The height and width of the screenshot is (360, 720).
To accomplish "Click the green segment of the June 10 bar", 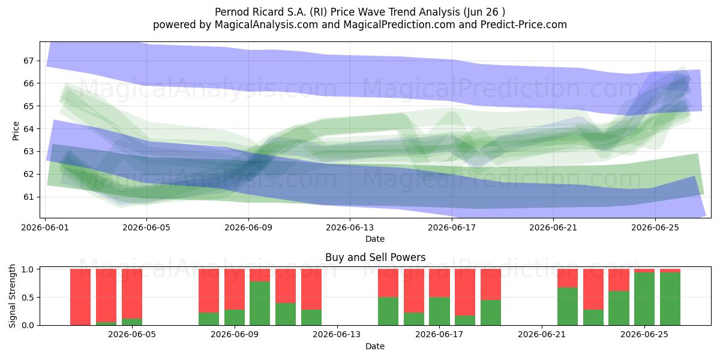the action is [x=260, y=303].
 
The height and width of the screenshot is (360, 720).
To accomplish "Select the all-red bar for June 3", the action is [x=80, y=297].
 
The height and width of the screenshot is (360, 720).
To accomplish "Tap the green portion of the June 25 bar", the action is [x=644, y=299].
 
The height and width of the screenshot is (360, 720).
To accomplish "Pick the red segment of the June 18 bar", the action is [x=465, y=292].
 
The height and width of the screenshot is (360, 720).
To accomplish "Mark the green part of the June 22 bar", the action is [x=568, y=307].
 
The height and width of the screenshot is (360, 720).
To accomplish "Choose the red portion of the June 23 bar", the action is [x=593, y=289].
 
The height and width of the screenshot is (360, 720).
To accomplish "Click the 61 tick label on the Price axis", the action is [x=28, y=197].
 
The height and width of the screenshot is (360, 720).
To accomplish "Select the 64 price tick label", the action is [x=28, y=129].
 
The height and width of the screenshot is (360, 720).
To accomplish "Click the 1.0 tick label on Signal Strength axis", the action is [x=28, y=269].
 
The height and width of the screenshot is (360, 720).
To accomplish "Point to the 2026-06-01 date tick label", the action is [x=45, y=227].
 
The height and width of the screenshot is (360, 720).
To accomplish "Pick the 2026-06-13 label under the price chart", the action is [x=350, y=227].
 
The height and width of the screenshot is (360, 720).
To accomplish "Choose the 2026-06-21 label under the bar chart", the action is [x=542, y=334].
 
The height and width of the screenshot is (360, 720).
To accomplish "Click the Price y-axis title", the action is [x=16, y=131].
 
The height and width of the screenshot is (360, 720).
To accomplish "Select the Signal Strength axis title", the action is [x=12, y=296].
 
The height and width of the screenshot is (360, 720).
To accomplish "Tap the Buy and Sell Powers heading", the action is [x=376, y=257].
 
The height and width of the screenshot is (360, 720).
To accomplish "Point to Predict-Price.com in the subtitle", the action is [x=524, y=25].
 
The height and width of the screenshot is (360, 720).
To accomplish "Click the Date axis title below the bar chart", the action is [x=375, y=346].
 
